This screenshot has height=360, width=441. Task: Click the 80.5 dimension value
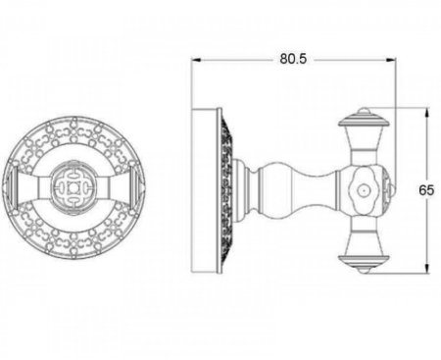pos(293,59)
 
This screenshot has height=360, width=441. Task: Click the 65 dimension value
pos(426,190)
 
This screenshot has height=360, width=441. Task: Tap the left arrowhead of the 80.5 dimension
pos(196,60)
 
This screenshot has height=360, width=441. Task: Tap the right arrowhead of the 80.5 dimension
pos(390,60)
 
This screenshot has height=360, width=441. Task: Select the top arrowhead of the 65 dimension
pos(426,113)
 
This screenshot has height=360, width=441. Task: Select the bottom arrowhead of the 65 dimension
pos(426,267)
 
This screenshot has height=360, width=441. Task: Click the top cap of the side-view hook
pos(365,119)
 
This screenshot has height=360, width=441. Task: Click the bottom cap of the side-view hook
pos(365,263)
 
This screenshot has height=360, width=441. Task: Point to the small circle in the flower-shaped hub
pos(362,190)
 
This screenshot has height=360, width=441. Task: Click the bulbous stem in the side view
pos(296,190)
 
